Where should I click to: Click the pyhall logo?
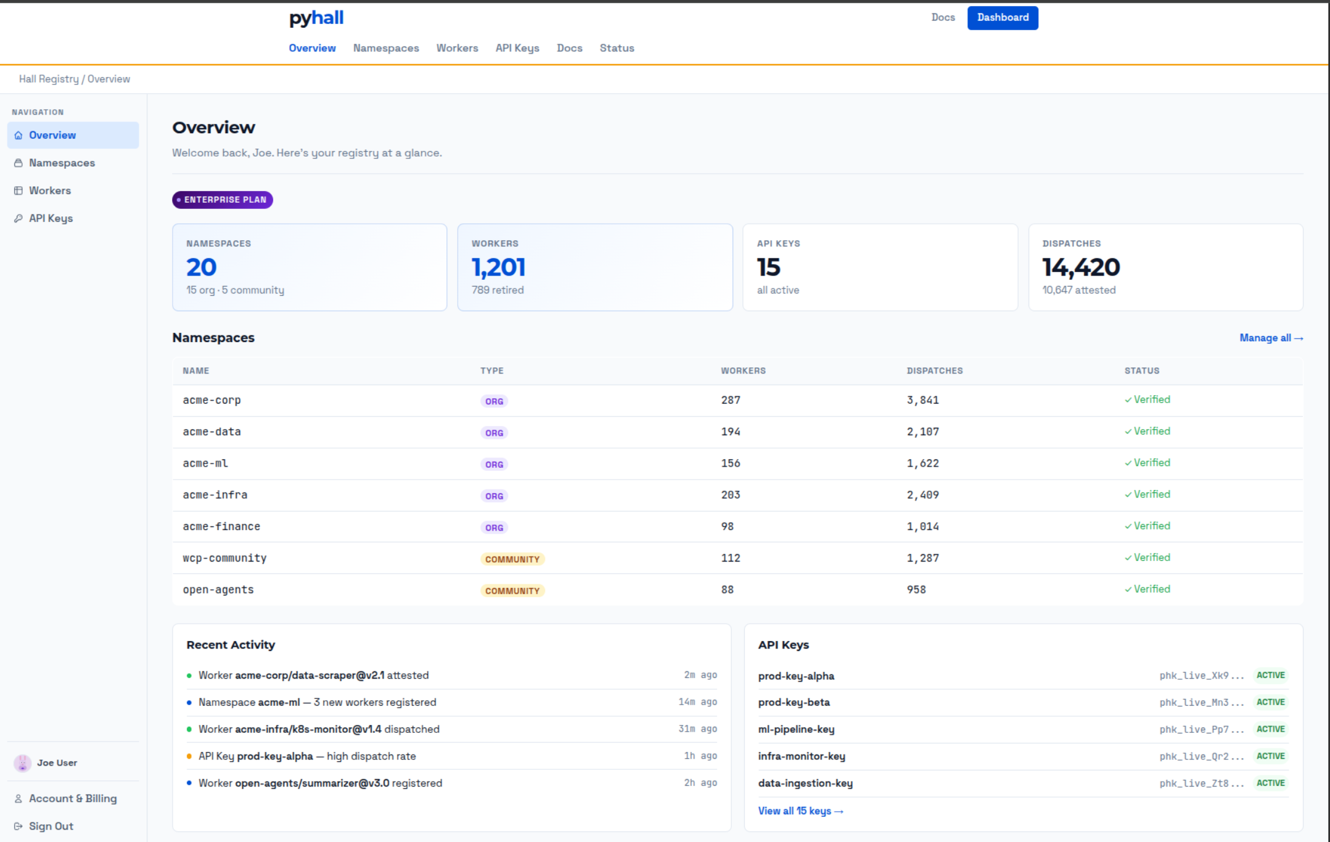tap(316, 18)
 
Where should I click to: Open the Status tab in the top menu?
tap(617, 48)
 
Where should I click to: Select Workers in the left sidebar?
tap(50, 190)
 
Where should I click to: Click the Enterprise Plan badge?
tap(223, 200)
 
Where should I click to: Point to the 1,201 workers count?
tap(498, 268)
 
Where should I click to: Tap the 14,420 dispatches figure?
tap(1081, 268)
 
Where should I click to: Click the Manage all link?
tap(1271, 338)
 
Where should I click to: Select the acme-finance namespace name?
tap(221, 526)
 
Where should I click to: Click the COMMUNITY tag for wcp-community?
tap(512, 559)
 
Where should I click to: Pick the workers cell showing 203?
tap(731, 495)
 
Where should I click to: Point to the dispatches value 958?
tap(916, 590)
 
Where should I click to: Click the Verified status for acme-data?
tap(1147, 431)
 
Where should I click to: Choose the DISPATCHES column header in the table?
tap(934, 370)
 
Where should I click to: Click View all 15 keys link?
tap(800, 811)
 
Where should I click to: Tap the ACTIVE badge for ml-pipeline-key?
tap(1270, 729)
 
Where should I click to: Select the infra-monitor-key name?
tap(802, 756)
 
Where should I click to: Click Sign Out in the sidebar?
tap(51, 826)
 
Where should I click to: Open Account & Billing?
tap(72, 798)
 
